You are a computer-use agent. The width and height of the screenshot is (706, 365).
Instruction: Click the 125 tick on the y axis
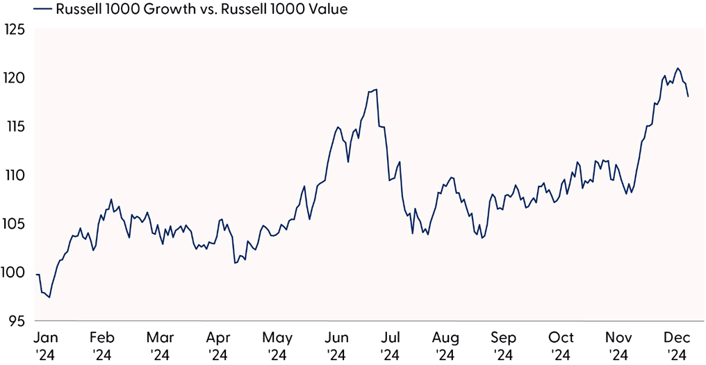point(13,30)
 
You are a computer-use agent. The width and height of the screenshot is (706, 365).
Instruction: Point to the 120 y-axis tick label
point(13,78)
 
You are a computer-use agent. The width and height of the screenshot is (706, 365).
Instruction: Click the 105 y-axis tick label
point(13,224)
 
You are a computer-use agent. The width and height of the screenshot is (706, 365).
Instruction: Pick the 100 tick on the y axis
point(13,273)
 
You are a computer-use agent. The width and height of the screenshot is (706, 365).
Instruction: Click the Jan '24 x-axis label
point(46,346)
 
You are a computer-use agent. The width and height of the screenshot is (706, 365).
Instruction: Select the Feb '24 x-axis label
point(102,346)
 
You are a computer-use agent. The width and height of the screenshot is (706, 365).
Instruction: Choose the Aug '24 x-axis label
point(445,346)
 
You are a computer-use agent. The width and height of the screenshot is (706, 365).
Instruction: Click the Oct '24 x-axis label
point(561,346)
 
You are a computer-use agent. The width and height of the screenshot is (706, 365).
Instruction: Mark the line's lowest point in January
point(49,298)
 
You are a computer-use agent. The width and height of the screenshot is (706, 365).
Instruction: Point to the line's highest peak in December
point(678,68)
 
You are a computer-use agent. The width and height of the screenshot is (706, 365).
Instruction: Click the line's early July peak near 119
point(376,89)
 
